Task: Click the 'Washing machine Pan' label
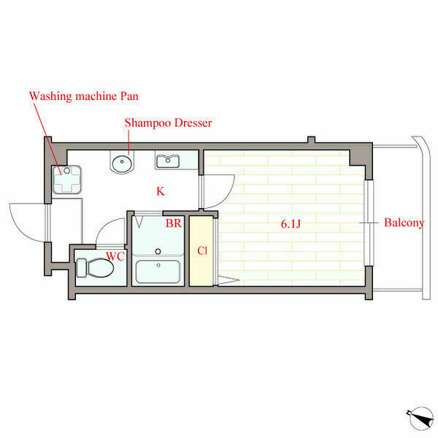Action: (x=84, y=96)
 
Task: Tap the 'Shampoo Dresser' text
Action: (x=168, y=123)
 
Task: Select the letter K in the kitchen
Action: (x=161, y=191)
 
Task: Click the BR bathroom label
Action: (x=174, y=223)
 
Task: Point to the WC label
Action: (x=115, y=256)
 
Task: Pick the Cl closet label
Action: (x=202, y=250)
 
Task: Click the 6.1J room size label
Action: (x=291, y=224)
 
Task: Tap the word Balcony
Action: (x=404, y=223)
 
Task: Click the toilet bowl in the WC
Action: (x=100, y=268)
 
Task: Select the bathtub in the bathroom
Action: (x=158, y=272)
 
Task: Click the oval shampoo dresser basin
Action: (x=122, y=164)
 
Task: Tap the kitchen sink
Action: (x=168, y=161)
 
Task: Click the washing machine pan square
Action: (x=66, y=180)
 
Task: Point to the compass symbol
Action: (x=420, y=418)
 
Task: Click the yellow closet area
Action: (x=201, y=251)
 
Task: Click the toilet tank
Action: (x=81, y=268)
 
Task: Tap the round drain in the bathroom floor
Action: (x=158, y=251)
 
